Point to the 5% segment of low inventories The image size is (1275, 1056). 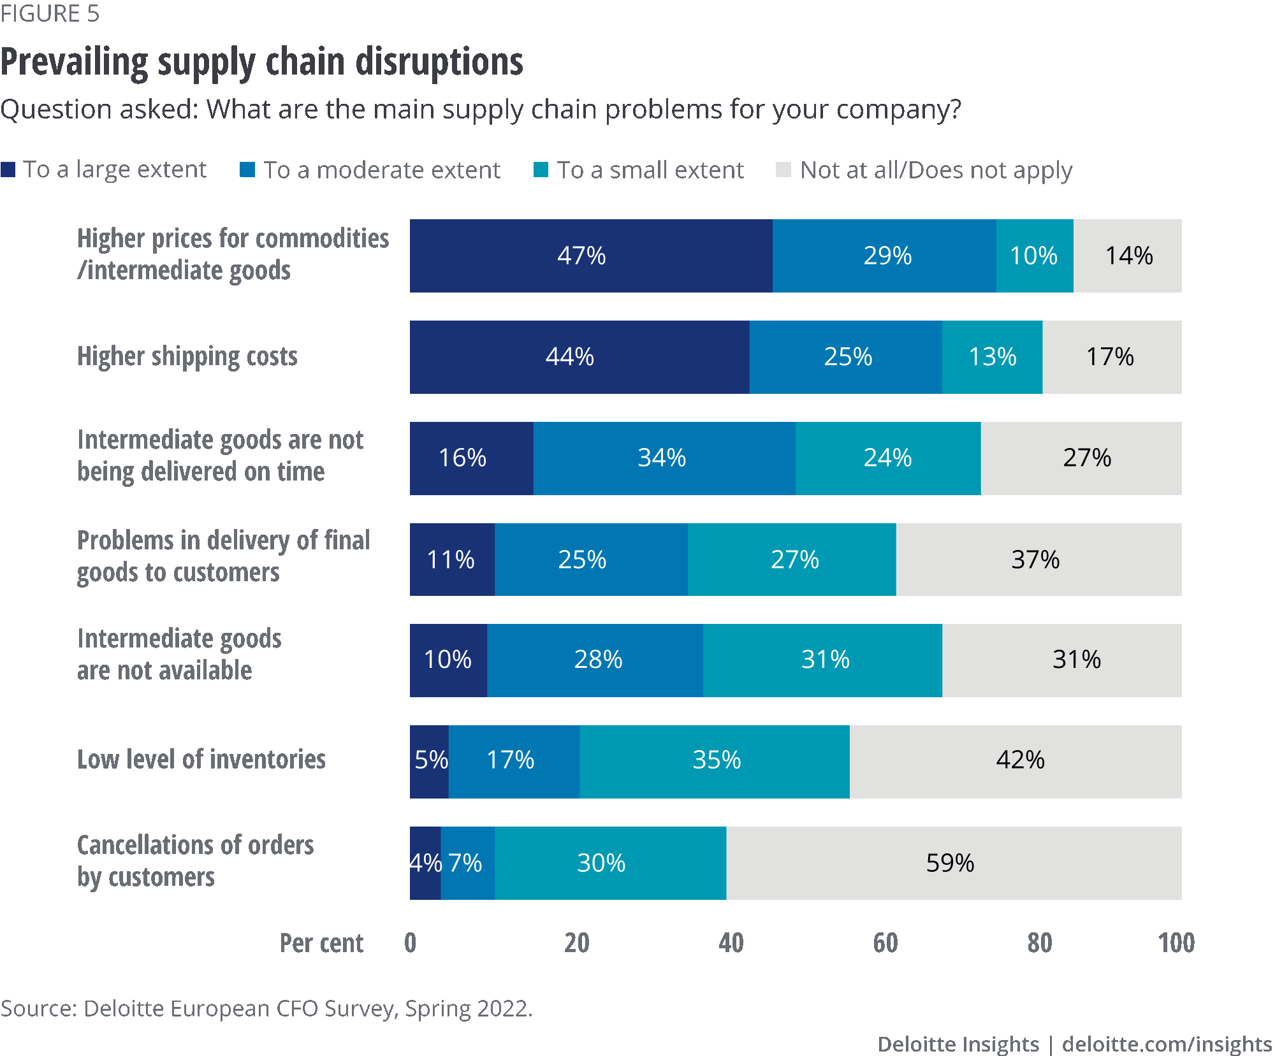(x=429, y=761)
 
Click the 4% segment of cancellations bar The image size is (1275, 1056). (x=425, y=863)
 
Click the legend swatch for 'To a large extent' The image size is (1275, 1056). (x=8, y=170)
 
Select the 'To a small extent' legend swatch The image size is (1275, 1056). (x=541, y=170)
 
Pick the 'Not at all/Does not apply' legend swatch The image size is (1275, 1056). (x=783, y=170)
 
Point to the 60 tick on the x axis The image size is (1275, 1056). (x=885, y=943)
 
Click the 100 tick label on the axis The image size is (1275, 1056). (x=1176, y=943)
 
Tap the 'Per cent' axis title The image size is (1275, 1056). (x=321, y=943)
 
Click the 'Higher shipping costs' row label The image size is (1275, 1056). (x=187, y=357)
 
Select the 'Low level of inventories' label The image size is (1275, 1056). (x=201, y=760)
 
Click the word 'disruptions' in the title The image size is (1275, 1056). (x=439, y=62)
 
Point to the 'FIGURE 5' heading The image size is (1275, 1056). (x=50, y=13)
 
